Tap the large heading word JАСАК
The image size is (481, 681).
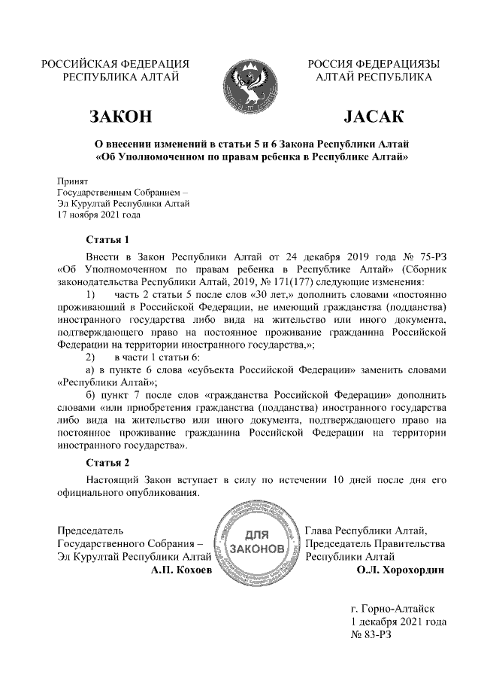tap(374, 117)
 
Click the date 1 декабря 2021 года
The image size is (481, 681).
tap(398, 622)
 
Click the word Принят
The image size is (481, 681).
tap(74, 181)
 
